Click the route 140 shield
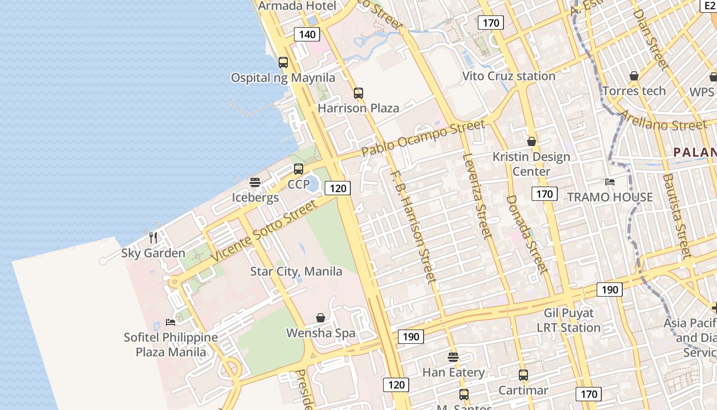pyautogui.click(x=307, y=34)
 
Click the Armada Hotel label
pyautogui.click(x=298, y=6)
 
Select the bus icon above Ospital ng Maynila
pyautogui.click(x=283, y=63)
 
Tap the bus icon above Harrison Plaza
pyautogui.click(x=358, y=93)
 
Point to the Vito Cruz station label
pyautogui.click(x=509, y=76)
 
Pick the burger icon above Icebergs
pyautogui.click(x=255, y=182)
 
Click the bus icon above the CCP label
pyautogui.click(x=299, y=169)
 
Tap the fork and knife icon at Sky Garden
pyautogui.click(x=153, y=237)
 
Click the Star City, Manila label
pyautogui.click(x=296, y=271)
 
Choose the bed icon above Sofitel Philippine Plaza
pyautogui.click(x=171, y=322)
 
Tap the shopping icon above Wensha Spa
pyautogui.click(x=321, y=318)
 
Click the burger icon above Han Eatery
pyautogui.click(x=453, y=357)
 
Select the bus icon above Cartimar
pyautogui.click(x=523, y=375)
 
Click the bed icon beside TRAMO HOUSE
pyautogui.click(x=610, y=181)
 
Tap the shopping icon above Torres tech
pyautogui.click(x=634, y=76)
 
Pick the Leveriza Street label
pyautogui.click(x=477, y=196)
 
